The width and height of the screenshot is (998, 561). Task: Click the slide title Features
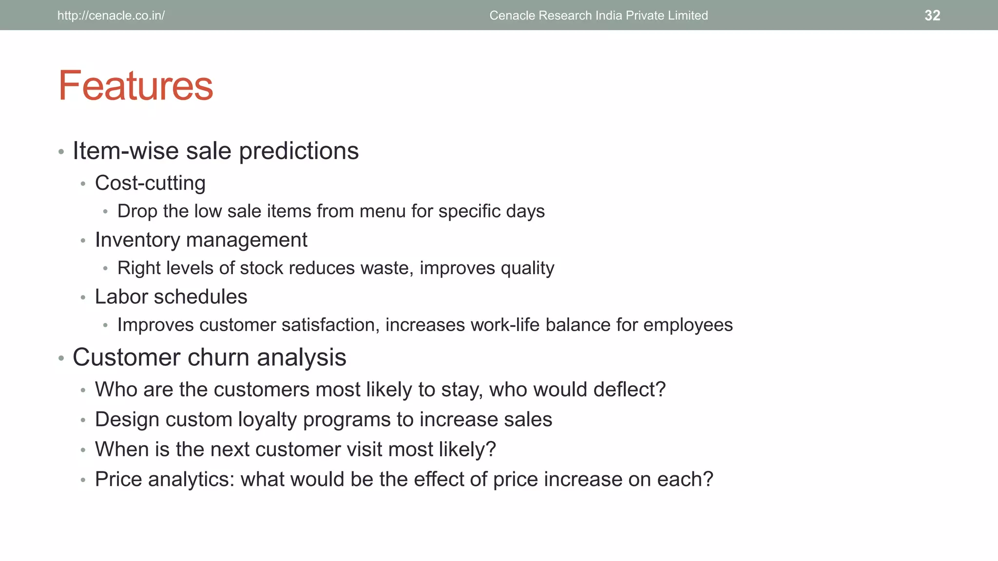tap(135, 86)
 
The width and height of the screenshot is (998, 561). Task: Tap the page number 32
tap(932, 16)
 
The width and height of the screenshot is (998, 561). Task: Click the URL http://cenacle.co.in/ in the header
tap(111, 16)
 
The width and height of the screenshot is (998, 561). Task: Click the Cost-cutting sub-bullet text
tap(150, 184)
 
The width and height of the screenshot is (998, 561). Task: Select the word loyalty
tap(268, 420)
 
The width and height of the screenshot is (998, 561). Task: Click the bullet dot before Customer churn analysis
tap(61, 358)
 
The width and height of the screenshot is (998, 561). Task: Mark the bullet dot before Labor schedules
tap(83, 298)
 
